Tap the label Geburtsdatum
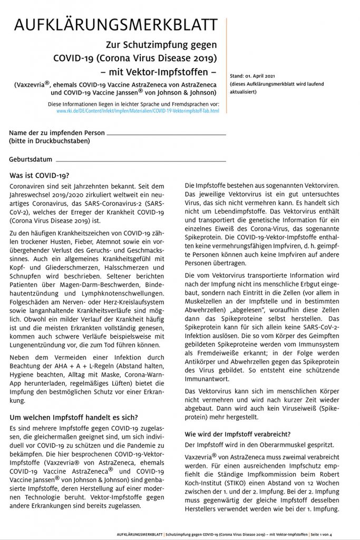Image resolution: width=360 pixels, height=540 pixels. click(31, 159)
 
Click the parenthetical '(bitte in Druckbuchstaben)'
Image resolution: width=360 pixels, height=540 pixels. click(46, 141)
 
